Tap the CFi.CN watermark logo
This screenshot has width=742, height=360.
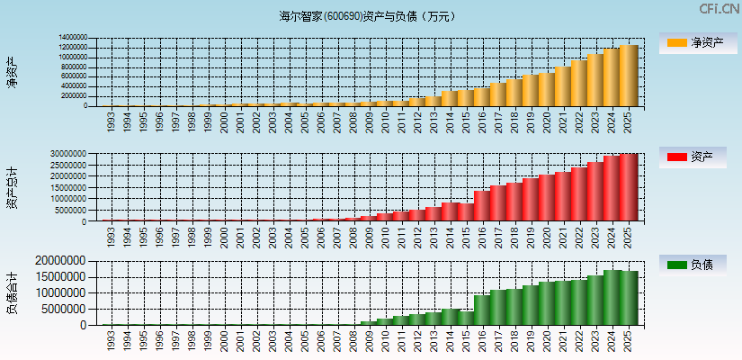[x=720, y=9]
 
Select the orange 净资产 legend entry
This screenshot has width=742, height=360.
[x=694, y=42]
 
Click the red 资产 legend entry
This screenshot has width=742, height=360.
[x=694, y=157]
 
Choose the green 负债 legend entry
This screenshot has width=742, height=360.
[x=694, y=265]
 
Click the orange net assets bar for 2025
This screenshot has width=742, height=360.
[x=629, y=76]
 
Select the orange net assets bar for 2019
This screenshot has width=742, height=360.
[x=531, y=90]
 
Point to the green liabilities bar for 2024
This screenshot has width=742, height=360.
[x=612, y=297]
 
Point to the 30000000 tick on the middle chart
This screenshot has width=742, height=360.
[x=68, y=154]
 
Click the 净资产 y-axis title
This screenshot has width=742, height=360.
[x=12, y=72]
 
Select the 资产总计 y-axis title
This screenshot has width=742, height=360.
[x=12, y=187]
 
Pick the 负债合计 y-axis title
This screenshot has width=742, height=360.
[x=12, y=292]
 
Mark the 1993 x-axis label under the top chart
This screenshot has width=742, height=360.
[x=110, y=121]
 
